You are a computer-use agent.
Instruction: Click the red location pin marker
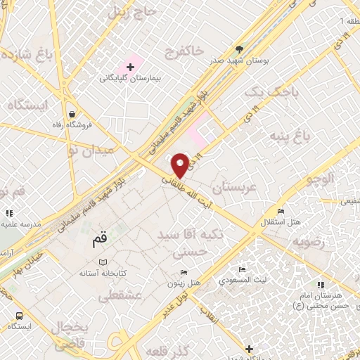click(180, 165)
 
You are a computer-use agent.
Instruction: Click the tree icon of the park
click(240, 49)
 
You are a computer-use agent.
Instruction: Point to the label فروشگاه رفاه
click(72, 124)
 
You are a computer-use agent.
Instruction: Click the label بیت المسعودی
click(242, 280)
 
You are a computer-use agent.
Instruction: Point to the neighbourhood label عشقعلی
click(117, 297)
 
